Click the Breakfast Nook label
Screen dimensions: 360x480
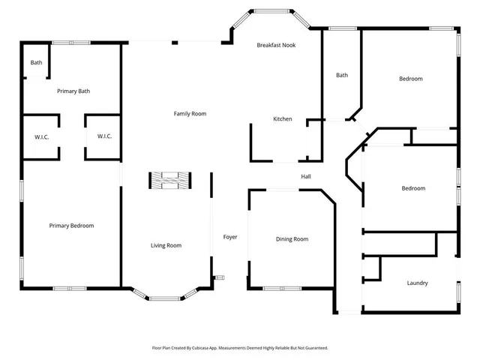pos(276,45)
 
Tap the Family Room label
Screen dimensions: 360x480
pos(190,114)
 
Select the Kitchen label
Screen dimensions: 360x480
pos(282,119)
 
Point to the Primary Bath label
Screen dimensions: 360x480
pos(73,91)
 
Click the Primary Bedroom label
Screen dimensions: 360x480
pos(71,226)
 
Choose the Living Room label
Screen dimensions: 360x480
pos(166,245)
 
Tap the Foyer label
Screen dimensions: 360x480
pos(230,237)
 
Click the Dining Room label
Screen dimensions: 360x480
pos(292,239)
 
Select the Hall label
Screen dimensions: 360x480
pos(306,177)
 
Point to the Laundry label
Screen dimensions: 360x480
pos(417,283)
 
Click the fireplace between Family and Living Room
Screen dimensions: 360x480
pos(169,180)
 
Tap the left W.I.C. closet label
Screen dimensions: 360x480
pos(41,136)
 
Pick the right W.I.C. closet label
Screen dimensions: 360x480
pos(104,136)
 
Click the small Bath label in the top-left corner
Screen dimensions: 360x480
pos(36,62)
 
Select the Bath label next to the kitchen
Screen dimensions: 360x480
pos(342,75)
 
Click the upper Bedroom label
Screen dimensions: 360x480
pos(410,79)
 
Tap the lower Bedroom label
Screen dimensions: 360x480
pos(413,188)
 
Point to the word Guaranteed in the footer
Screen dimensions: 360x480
pos(312,348)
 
